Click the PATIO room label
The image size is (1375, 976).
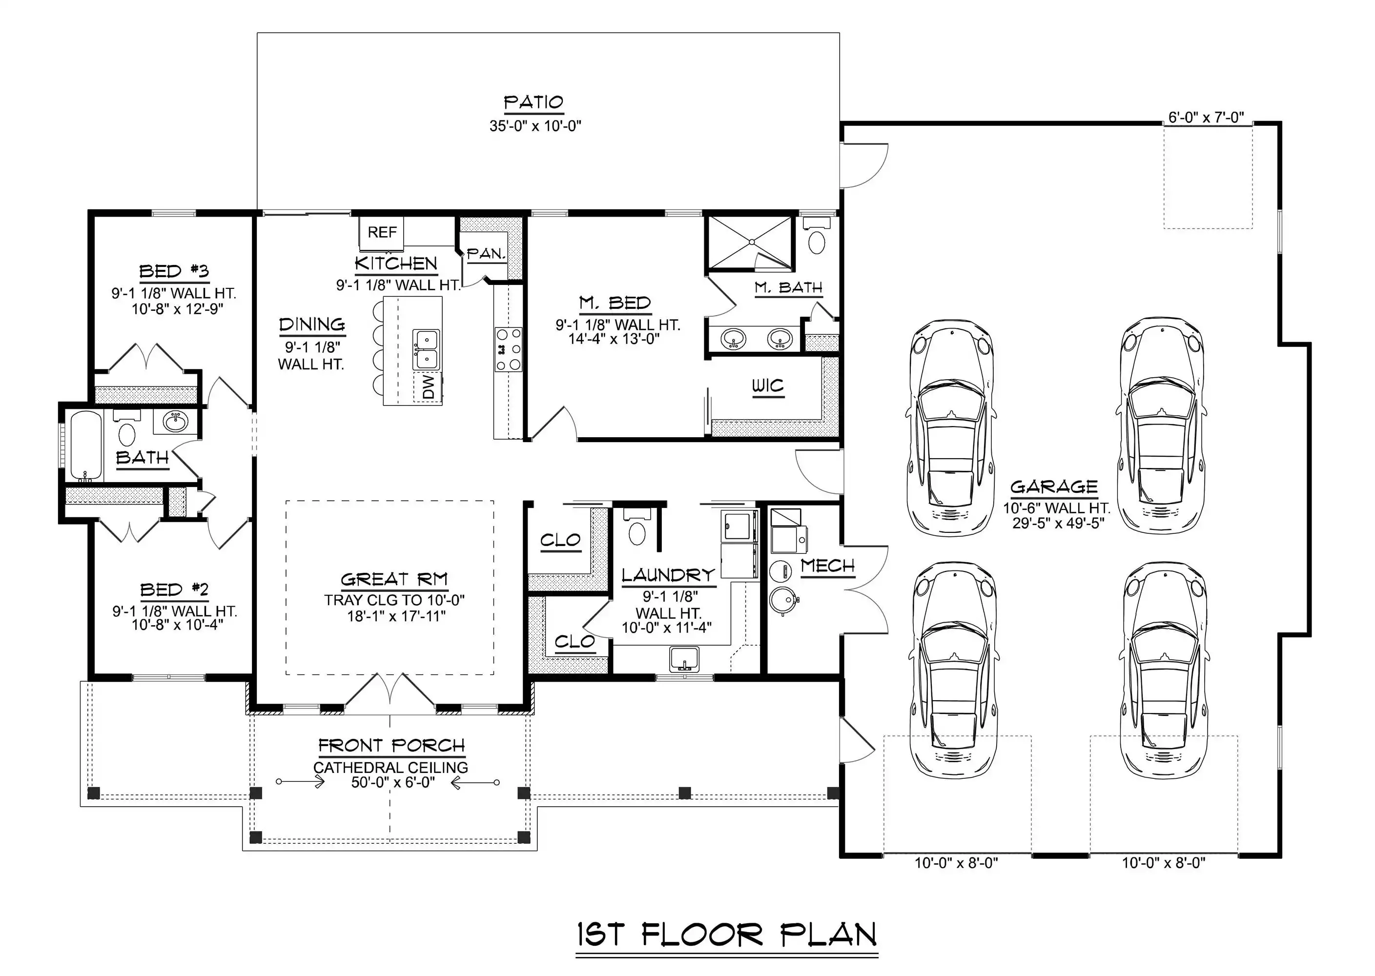(533, 103)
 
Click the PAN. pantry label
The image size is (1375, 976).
(486, 254)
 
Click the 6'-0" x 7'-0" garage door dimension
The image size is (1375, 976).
(1206, 117)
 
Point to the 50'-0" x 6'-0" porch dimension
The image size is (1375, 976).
(393, 782)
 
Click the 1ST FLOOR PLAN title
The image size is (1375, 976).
(727, 935)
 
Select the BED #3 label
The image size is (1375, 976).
(174, 272)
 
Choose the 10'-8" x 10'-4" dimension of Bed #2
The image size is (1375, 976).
(177, 625)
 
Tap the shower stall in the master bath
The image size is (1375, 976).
(751, 242)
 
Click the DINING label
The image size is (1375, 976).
(312, 325)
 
